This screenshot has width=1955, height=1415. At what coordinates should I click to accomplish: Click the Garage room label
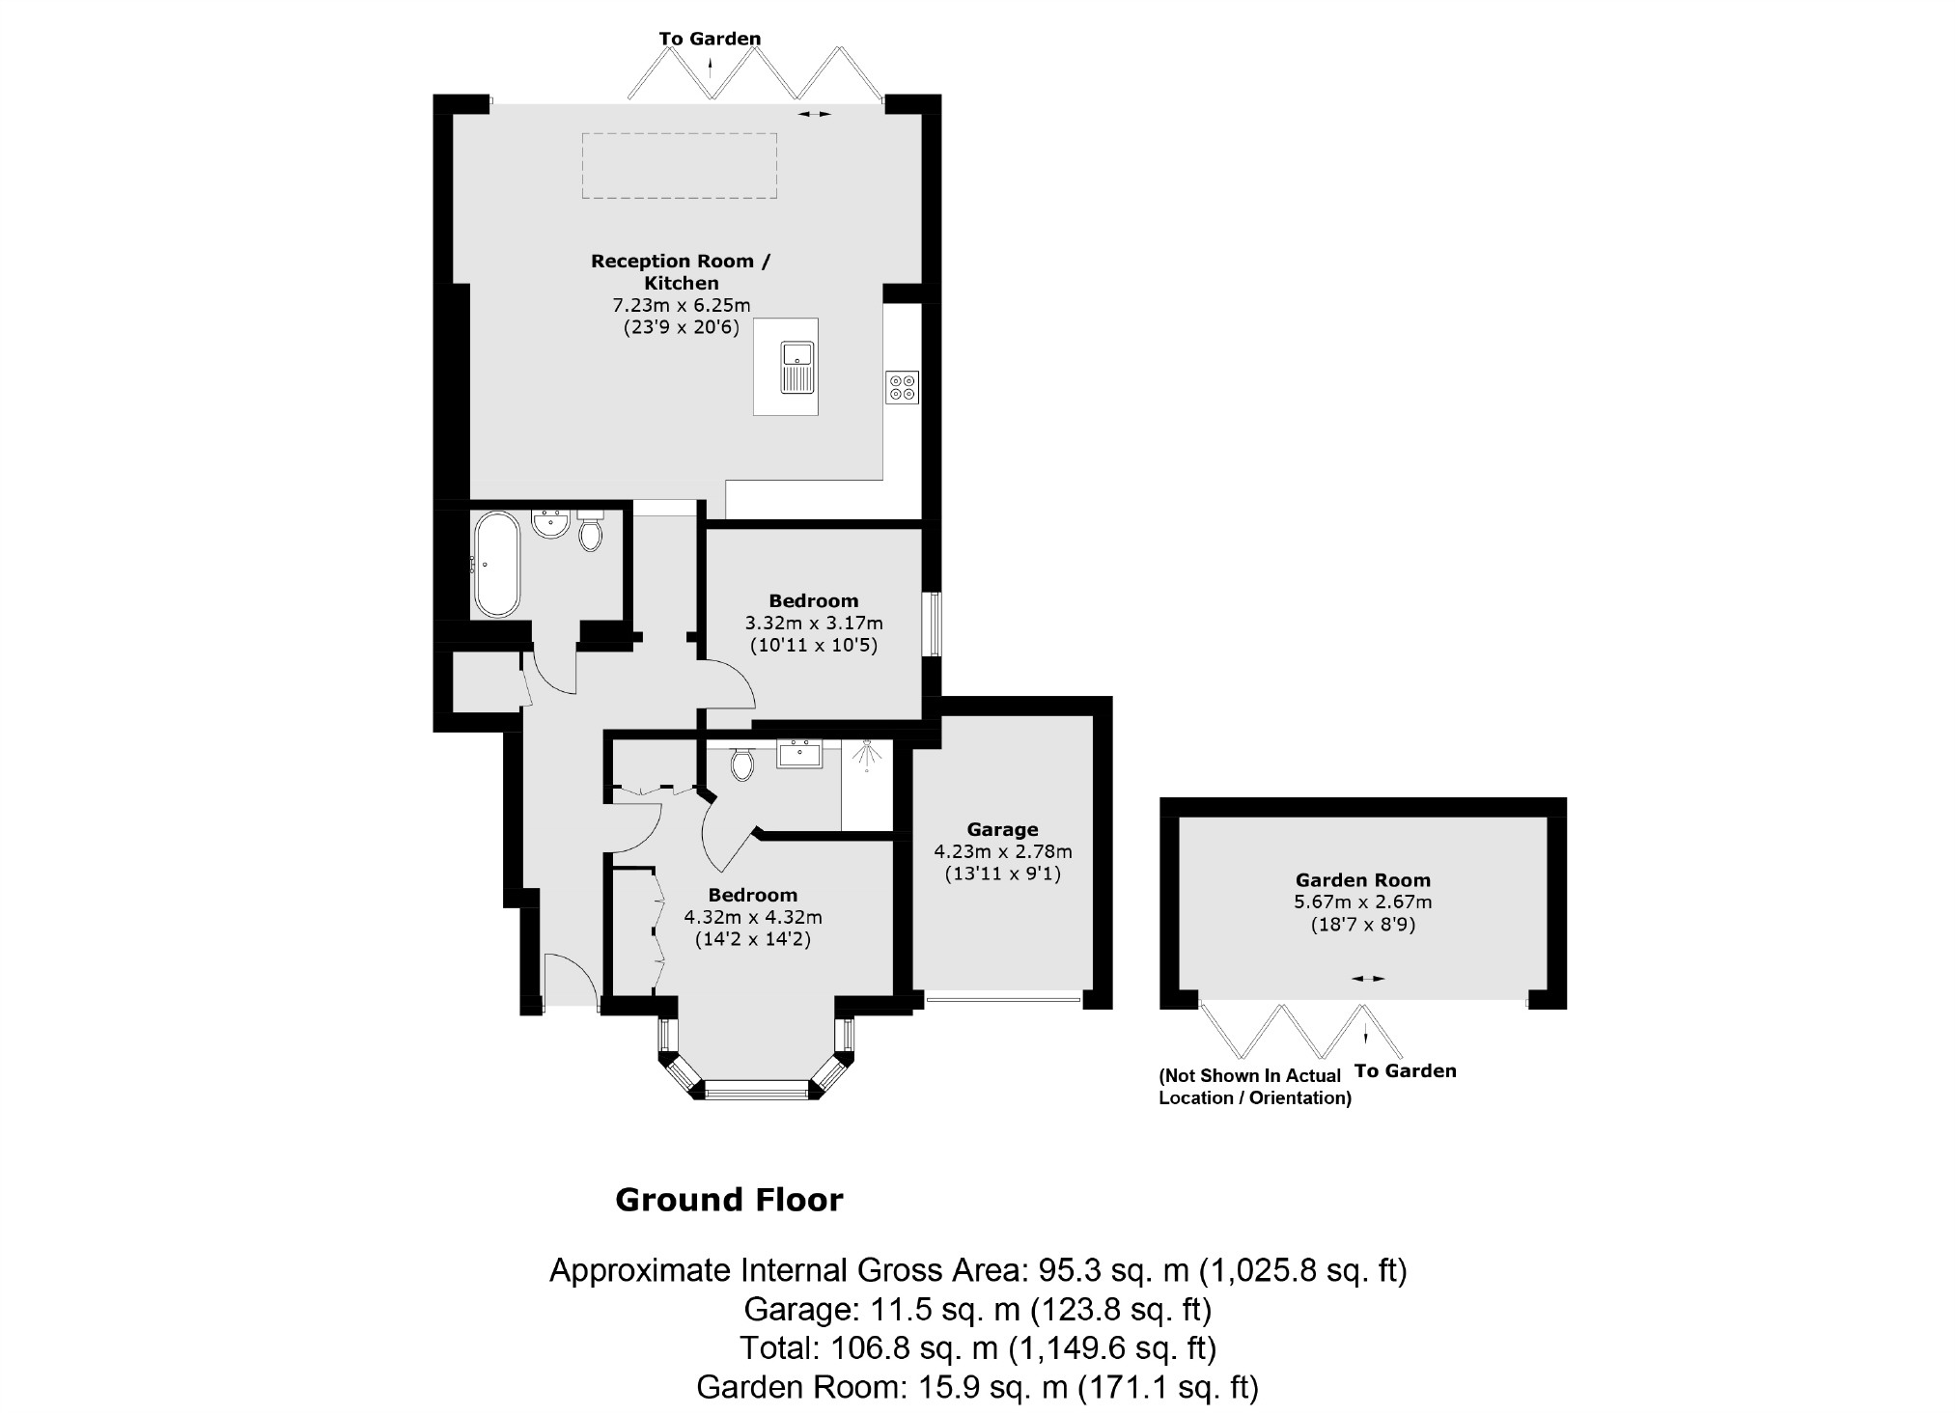(x=1002, y=829)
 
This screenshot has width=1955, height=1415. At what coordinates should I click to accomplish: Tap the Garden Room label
(x=1362, y=880)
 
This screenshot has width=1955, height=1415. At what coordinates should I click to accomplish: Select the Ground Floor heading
(x=729, y=1200)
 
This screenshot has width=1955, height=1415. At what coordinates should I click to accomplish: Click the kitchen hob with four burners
(x=903, y=387)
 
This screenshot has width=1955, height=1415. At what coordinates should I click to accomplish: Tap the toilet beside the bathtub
(x=590, y=532)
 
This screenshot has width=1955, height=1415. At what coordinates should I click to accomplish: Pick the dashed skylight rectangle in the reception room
(x=680, y=166)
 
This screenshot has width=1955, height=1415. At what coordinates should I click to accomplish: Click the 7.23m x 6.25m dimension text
(x=682, y=306)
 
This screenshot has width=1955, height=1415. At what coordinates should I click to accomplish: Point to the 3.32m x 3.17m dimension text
(x=814, y=623)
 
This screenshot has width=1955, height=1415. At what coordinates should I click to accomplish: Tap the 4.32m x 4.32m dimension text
(x=753, y=917)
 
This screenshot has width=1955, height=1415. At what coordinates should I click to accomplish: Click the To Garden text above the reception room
(x=710, y=39)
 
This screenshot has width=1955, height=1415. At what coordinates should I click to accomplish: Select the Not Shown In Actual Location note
(x=1254, y=1086)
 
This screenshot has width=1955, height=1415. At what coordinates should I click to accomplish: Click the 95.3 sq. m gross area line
(x=978, y=1270)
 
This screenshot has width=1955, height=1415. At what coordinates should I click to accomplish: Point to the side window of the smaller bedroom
(x=933, y=624)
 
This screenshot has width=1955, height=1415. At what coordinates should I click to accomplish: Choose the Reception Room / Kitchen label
(x=682, y=271)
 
